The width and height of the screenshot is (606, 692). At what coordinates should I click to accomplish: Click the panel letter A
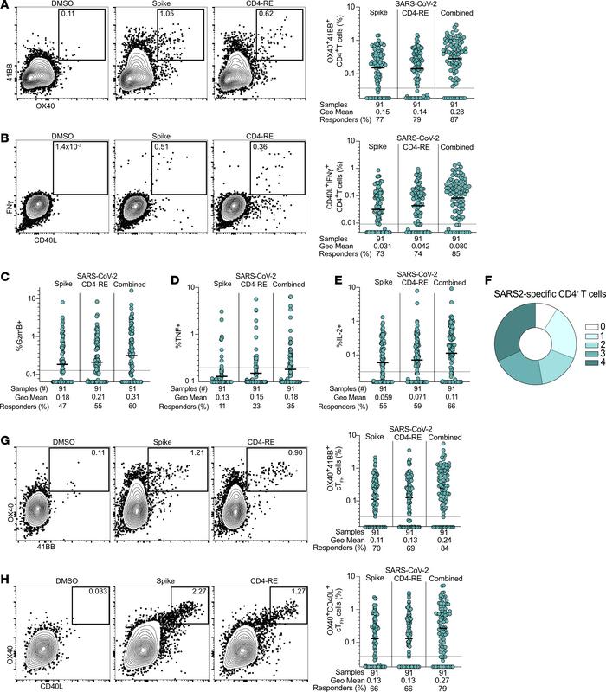click(7, 6)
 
